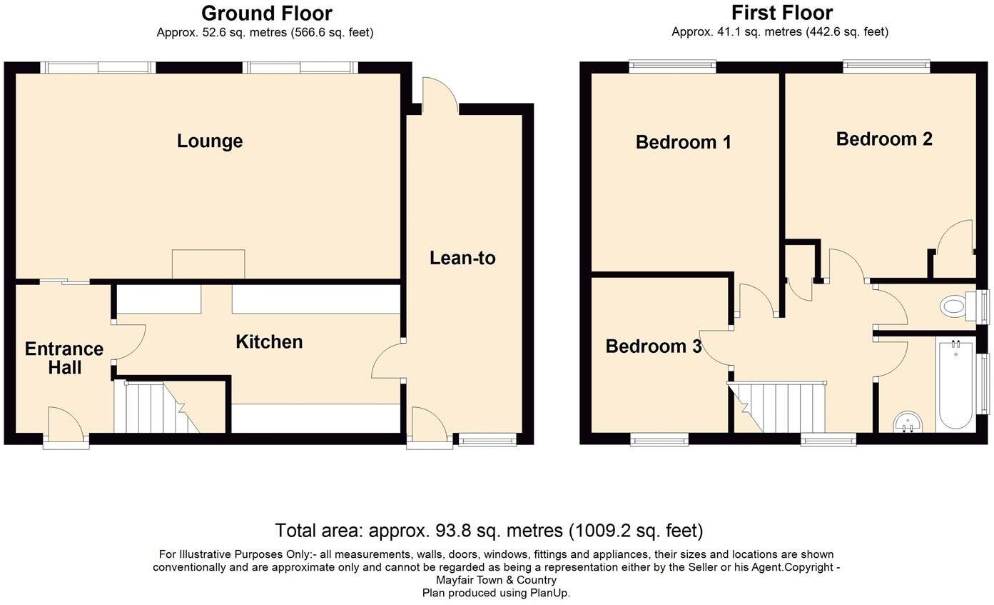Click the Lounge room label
click(x=210, y=141)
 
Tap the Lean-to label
click(x=462, y=258)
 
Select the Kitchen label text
click(x=269, y=342)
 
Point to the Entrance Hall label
click(x=64, y=358)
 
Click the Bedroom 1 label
click(x=683, y=142)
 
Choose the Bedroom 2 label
click(x=884, y=139)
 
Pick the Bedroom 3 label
click(x=654, y=346)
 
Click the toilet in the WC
click(x=956, y=307)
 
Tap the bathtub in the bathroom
click(x=955, y=384)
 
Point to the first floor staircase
click(x=781, y=407)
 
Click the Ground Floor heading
click(x=266, y=13)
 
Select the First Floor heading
click(x=781, y=13)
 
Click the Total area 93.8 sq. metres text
click(x=489, y=531)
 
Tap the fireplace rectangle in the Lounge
click(x=208, y=264)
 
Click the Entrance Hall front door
click(x=66, y=426)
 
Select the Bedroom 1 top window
click(x=672, y=66)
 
